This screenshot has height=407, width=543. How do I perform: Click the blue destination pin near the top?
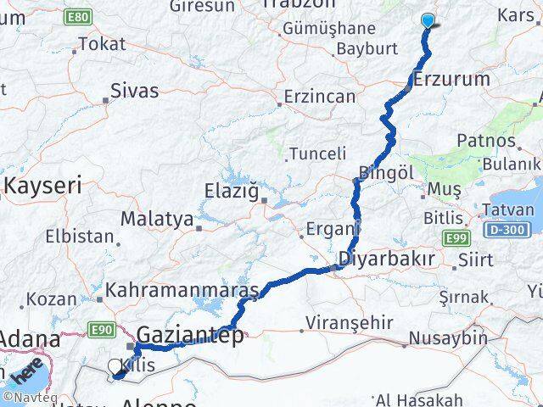(428, 22)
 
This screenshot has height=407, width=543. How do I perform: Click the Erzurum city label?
(454, 80)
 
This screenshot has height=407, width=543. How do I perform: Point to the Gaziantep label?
(190, 333)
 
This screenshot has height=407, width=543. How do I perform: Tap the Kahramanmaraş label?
(182, 292)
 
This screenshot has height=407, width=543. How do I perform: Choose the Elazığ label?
(231, 191)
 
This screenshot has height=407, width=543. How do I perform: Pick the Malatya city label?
(157, 219)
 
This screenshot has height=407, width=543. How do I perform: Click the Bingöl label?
(387, 172)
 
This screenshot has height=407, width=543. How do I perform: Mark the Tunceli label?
(317, 153)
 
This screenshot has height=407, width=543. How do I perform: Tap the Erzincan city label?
(321, 97)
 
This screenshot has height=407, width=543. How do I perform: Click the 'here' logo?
(26, 373)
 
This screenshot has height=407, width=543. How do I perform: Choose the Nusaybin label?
(448, 338)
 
